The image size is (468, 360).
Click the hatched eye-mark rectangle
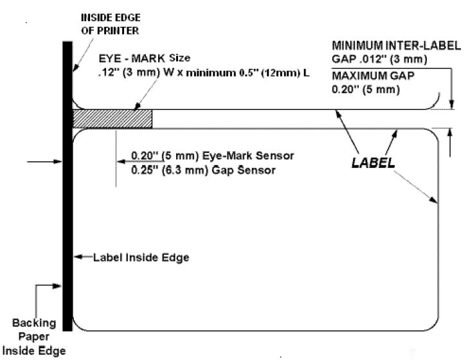click(x=113, y=119)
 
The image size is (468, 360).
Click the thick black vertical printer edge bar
click(x=67, y=186)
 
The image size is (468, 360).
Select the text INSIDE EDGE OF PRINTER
click(x=111, y=24)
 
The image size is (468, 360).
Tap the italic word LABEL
click(x=373, y=163)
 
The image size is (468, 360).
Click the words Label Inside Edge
click(x=141, y=257)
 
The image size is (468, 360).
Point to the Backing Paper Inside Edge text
click(x=33, y=337)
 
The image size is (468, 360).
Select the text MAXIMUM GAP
click(x=373, y=76)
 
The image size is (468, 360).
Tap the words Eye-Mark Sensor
click(x=248, y=156)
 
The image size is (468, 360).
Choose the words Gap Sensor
click(x=243, y=170)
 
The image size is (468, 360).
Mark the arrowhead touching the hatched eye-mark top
click(x=137, y=107)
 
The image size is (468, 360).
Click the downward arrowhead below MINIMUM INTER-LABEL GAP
click(x=451, y=105)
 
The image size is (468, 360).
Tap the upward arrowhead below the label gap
click(x=450, y=132)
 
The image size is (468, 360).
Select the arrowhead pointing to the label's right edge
click(x=433, y=200)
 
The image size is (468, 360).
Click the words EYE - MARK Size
click(x=145, y=59)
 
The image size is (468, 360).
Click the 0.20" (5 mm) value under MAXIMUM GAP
click(x=366, y=89)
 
